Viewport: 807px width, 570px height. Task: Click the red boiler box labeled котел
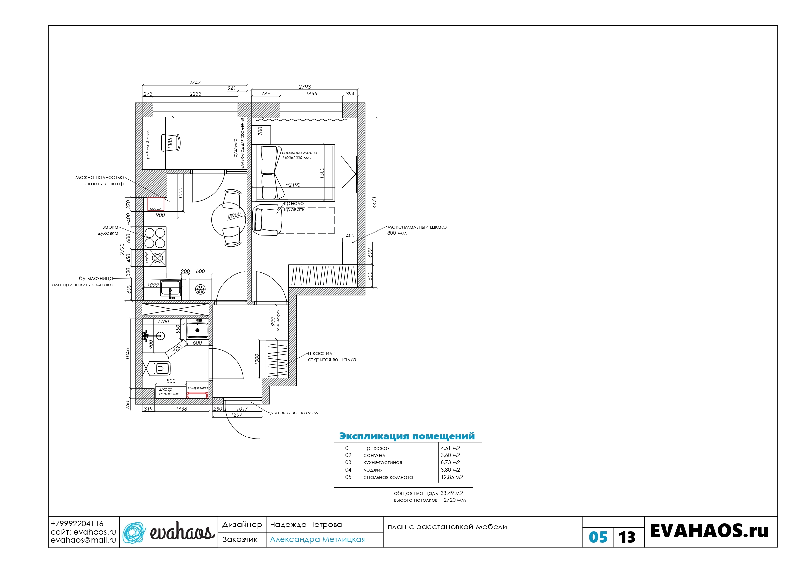[155, 204]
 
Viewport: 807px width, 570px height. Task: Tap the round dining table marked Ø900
[228, 220]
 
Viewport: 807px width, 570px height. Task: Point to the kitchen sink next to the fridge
[170, 288]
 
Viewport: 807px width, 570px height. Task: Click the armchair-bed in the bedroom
[268, 220]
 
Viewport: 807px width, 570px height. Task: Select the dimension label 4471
[374, 202]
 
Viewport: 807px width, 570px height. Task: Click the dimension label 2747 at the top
[195, 82]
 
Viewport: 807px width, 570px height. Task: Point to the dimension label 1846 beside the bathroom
[127, 354]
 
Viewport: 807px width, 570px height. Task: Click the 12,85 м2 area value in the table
[452, 477]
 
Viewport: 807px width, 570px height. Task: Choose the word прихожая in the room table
[377, 448]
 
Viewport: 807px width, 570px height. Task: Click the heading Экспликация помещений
[407, 436]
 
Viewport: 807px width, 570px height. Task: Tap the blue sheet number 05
[598, 537]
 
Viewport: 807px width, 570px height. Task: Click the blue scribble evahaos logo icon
[134, 533]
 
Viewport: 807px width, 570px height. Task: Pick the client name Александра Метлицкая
[317, 539]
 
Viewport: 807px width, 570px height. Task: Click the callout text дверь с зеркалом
[294, 413]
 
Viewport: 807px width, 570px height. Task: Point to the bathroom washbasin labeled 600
[197, 330]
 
